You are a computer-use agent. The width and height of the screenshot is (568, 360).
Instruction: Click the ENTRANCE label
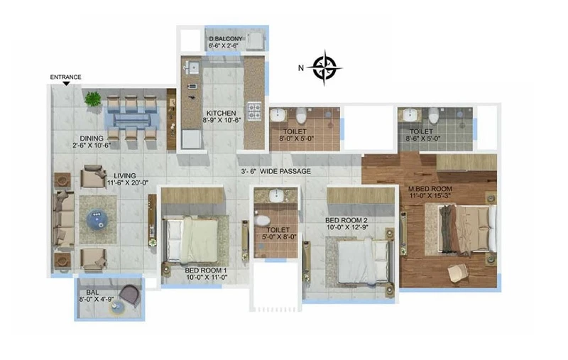pyautogui.click(x=65, y=77)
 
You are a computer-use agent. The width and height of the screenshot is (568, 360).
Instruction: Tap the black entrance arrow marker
pyautogui.click(x=66, y=84)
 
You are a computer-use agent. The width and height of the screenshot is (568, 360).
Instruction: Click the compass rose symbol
pyautogui.click(x=324, y=67)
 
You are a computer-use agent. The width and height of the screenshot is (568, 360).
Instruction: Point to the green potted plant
pyautogui.click(x=93, y=98)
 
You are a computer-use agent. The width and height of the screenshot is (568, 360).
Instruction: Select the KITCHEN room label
pyautogui.click(x=221, y=114)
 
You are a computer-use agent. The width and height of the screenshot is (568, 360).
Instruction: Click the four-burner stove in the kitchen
pyautogui.click(x=254, y=112)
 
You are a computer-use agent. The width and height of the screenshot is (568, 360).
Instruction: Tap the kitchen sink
pyautogui.click(x=192, y=67)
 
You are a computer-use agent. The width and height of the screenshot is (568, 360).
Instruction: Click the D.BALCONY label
pyautogui.click(x=225, y=39)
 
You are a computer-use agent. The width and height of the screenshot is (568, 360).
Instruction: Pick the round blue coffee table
pyautogui.click(x=97, y=220)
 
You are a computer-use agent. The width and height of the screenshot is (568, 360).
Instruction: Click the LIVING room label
pyautogui.click(x=125, y=176)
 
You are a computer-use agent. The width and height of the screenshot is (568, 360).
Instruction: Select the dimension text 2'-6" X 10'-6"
pyautogui.click(x=92, y=146)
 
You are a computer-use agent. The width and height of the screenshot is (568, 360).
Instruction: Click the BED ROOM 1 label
pyautogui.click(x=206, y=271)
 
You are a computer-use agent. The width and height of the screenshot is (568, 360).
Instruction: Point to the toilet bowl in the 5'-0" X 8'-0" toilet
pyautogui.click(x=261, y=220)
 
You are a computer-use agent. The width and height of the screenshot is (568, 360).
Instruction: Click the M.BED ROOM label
pyautogui.click(x=430, y=189)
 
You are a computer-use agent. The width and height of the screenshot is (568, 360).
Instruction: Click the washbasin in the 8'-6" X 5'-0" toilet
pyautogui.click(x=410, y=116)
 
